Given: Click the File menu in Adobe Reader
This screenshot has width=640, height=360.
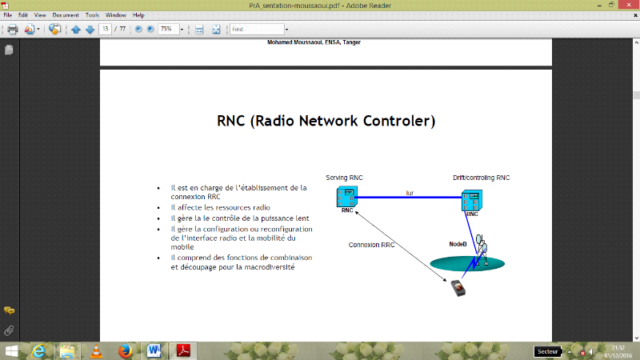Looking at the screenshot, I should tap(7, 15).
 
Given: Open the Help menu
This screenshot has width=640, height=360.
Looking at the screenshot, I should tap(139, 15).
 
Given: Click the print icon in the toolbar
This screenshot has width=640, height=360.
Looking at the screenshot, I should tap(12, 30).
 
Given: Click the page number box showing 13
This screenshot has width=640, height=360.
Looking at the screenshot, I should tap(105, 30).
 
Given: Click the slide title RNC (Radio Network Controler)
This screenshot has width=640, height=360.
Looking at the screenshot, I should tap(326, 122).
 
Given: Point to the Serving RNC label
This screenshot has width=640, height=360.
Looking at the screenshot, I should tap(345, 177).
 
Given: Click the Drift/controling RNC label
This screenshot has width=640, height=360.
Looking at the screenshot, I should tap(481, 177).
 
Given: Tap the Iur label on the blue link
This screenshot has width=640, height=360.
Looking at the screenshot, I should tap(410, 192).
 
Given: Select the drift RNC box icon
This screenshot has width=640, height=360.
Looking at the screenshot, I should tap(472, 200).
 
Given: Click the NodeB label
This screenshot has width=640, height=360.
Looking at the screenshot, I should tap(458, 244).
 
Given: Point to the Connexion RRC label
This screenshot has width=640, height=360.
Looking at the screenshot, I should tap(371, 245).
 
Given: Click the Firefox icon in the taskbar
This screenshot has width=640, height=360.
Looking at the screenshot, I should tap(124, 350).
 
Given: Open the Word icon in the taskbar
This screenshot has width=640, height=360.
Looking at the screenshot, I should tap(154, 350).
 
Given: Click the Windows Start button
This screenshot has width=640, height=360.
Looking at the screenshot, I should tap(11, 350).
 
